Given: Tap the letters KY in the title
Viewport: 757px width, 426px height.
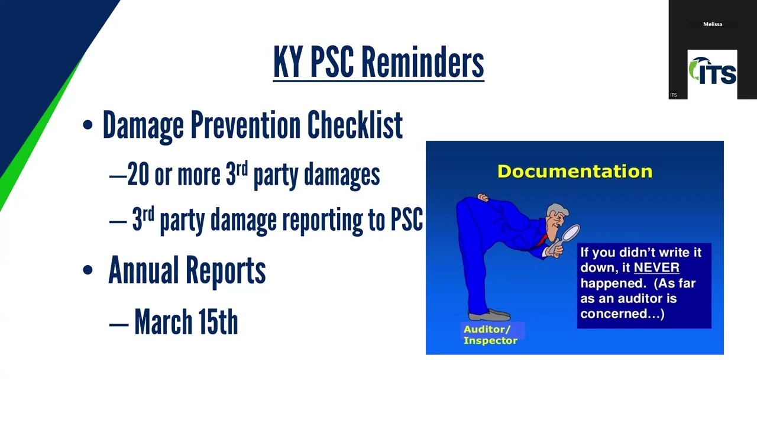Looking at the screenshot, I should point(288,62).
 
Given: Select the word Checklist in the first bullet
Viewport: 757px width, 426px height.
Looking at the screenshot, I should point(355,125).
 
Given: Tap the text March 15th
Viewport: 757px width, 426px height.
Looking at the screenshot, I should point(186,322).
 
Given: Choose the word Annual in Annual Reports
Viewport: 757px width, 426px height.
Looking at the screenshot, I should point(144,270).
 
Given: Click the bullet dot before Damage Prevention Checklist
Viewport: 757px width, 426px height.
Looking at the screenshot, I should point(88,125).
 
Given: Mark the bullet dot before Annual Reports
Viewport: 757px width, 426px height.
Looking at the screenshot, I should point(88,270).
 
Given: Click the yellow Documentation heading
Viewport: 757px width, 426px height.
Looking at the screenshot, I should point(574,172).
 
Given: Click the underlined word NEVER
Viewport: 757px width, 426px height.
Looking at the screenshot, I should point(656,268).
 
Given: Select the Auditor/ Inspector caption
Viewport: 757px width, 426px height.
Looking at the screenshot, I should point(490,335).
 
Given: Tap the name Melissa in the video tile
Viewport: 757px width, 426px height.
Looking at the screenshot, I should point(712,24).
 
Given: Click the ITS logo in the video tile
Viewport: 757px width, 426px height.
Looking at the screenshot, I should point(712,72).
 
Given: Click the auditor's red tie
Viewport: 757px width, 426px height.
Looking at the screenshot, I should point(541,240).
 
